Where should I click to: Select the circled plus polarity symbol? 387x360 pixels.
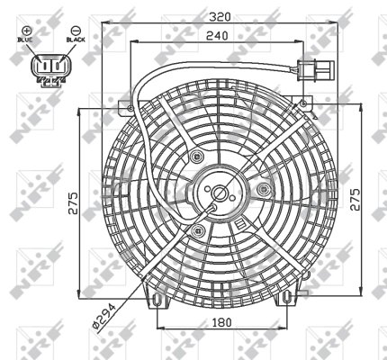coord(27,31)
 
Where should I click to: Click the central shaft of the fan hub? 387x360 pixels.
coord(219,193)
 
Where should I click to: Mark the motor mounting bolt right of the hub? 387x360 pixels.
coord(263,190)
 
